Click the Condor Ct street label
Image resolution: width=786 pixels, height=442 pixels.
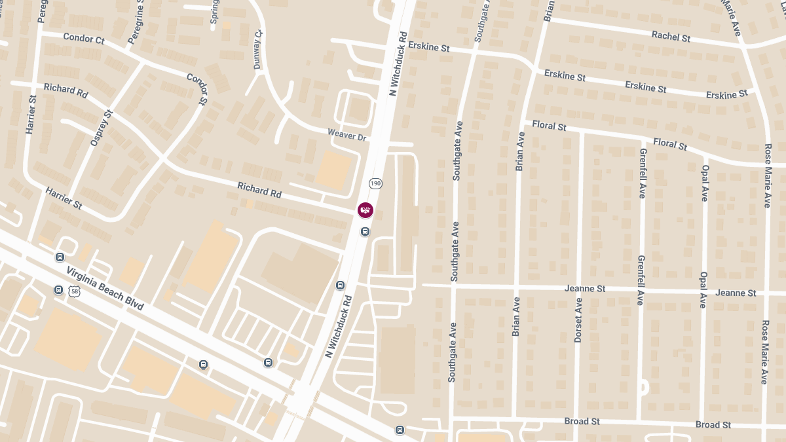(84, 39)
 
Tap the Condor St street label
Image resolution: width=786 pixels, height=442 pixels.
(196, 88)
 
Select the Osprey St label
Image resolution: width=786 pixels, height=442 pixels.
(102, 128)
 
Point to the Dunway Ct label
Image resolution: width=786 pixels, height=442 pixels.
(258, 49)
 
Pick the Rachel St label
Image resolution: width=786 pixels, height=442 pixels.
(671, 37)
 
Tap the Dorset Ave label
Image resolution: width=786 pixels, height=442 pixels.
(578, 321)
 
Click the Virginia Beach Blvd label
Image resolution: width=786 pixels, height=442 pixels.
(105, 289)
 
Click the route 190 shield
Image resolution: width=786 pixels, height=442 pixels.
(375, 183)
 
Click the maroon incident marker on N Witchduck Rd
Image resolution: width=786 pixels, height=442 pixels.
(365, 210)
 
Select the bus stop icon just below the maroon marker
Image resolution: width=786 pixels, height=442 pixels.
(365, 231)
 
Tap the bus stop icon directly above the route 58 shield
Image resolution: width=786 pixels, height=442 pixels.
(60, 258)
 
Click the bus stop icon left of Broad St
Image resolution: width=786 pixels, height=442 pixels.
(400, 430)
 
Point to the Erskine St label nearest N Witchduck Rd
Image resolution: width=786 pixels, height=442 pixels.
(428, 47)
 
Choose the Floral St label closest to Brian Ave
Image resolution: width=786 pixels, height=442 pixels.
(549, 125)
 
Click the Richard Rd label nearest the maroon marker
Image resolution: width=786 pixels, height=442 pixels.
(259, 190)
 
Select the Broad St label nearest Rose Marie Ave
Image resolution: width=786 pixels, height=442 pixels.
(713, 425)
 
